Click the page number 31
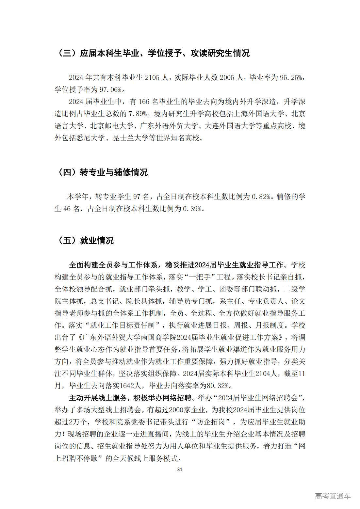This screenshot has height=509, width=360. [179, 469]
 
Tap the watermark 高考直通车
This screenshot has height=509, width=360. [333, 496]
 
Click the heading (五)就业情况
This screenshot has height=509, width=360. [85, 241]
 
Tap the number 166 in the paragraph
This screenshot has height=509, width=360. [144, 102]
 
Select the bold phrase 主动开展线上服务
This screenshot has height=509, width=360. [98, 398]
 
